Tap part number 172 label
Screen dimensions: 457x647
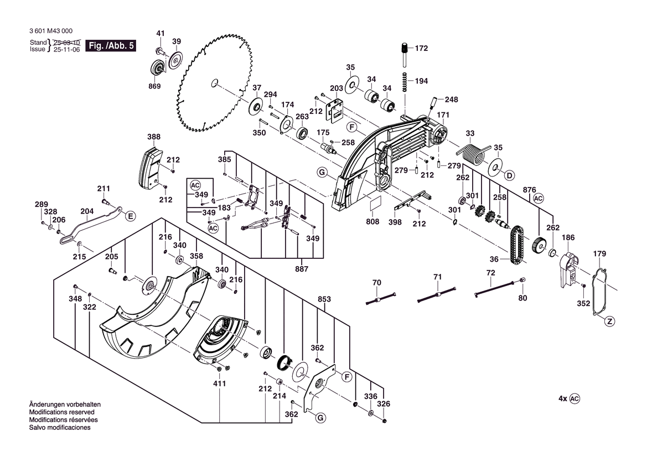coord(421,49)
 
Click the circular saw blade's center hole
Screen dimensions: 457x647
coord(213,84)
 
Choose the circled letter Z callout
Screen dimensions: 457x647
coord(609,321)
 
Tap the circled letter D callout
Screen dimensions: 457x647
coord(509,175)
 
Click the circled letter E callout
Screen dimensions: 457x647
coord(130,216)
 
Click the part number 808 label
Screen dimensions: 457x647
coord(372,221)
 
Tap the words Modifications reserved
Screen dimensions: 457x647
coord(61,412)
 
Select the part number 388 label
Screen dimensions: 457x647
coord(154,137)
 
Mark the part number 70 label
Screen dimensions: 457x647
coord(377,283)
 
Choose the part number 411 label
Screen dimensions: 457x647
coord(220,383)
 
